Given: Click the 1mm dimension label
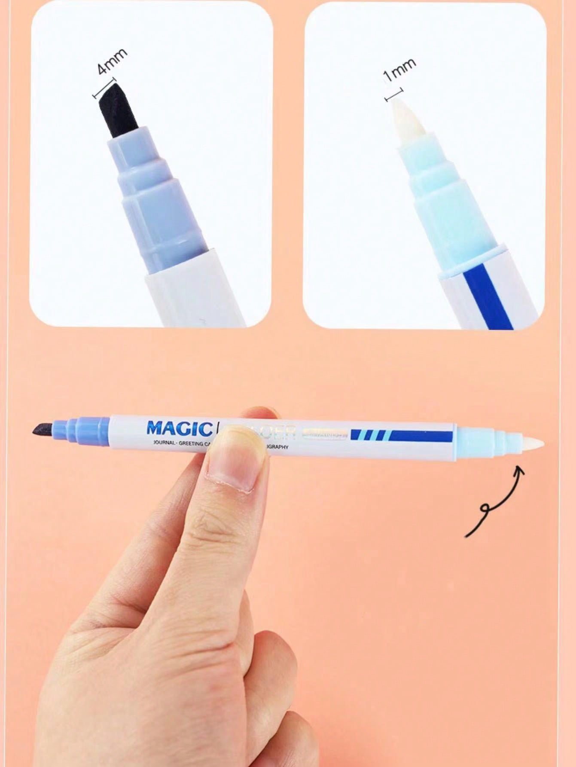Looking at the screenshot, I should (x=399, y=69).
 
